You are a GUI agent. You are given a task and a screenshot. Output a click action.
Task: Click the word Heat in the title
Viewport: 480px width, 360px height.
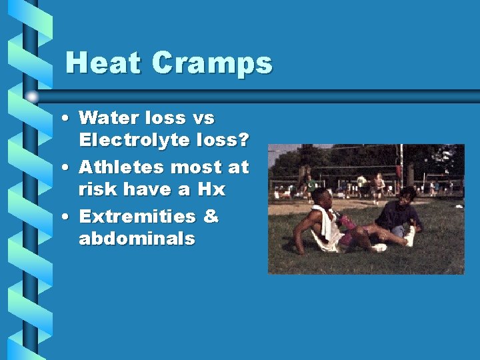point(103,63)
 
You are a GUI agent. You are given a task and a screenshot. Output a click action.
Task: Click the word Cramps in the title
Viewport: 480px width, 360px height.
point(212,64)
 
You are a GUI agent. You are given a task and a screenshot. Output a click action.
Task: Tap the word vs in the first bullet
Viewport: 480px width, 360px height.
point(203,118)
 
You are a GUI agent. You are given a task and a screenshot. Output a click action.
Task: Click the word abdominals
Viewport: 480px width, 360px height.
point(137,239)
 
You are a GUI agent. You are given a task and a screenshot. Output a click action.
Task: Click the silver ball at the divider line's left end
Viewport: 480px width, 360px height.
point(32,96)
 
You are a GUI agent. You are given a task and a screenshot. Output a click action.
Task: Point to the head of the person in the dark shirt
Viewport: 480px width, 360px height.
point(406,195)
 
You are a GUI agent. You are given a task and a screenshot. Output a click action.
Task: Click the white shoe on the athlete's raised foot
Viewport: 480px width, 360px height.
point(409,235)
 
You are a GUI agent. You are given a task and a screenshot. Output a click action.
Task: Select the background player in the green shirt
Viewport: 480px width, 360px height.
point(311,183)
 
